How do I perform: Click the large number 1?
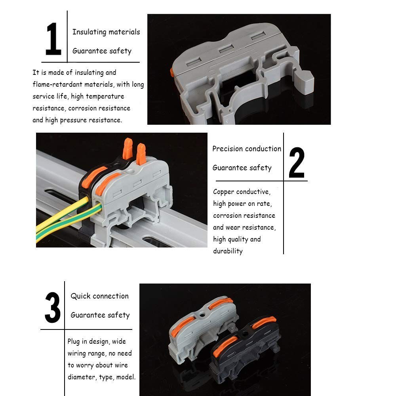pos(53,39)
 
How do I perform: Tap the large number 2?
pos(297,163)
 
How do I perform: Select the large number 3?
pos(53,307)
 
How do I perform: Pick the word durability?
pos(228,251)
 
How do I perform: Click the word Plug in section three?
pos(74,341)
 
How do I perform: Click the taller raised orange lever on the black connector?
pos(128,148)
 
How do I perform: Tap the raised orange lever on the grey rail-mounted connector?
pos(141,154)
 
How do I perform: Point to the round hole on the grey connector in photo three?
pos(202,315)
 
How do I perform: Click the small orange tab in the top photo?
pos(172,72)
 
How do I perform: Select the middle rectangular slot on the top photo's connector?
pos(226,48)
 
